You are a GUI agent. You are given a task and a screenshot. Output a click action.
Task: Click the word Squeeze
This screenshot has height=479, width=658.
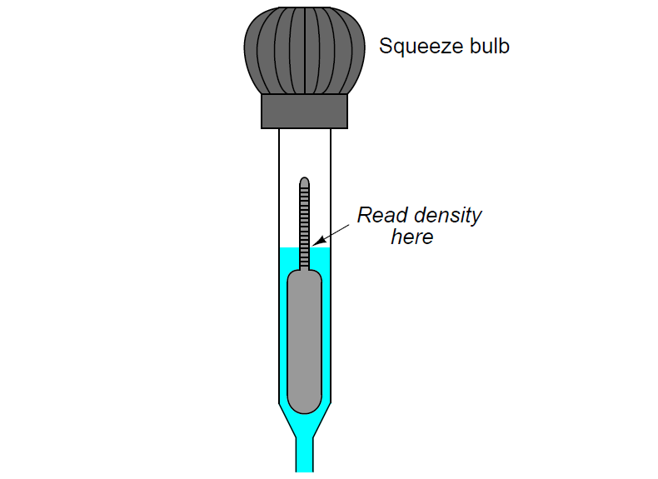click(421, 47)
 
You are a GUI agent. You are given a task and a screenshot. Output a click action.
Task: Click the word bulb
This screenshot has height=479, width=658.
click(490, 45)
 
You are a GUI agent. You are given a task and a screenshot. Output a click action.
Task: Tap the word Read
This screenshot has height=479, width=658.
click(382, 216)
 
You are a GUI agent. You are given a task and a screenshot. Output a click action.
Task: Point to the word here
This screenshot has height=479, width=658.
click(412, 237)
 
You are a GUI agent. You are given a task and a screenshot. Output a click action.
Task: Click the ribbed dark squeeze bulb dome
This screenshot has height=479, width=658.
click(304, 50)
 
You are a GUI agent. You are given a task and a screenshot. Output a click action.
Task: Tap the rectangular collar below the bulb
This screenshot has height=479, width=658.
click(304, 112)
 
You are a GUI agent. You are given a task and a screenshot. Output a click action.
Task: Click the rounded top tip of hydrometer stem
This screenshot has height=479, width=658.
click(305, 182)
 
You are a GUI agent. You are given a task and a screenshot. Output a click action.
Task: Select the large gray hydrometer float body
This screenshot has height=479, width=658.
click(305, 341)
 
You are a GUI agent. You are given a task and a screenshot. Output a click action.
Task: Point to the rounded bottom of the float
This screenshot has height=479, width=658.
click(305, 407)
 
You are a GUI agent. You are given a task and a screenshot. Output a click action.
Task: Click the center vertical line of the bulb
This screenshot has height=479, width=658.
click(304, 50)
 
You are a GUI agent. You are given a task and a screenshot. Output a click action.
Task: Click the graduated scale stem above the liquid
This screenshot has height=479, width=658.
click(305, 212)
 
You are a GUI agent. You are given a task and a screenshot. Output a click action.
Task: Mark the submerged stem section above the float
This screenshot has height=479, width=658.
click(305, 258)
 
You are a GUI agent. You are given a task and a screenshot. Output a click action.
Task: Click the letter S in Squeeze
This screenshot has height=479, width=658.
click(386, 46)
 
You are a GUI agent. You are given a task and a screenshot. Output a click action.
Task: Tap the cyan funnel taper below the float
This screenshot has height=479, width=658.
click(305, 425)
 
